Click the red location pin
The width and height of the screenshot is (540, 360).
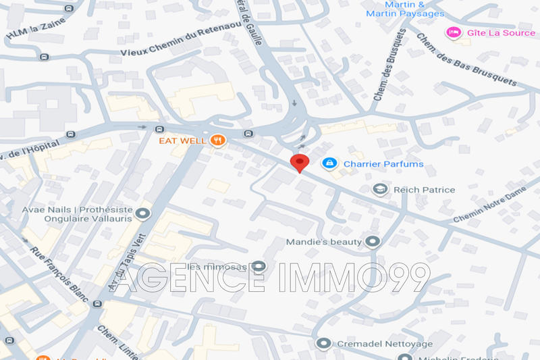pos(299,163)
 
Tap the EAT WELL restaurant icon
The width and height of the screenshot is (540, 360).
pos(217,140)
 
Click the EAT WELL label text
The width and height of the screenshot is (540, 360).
pos(182,141)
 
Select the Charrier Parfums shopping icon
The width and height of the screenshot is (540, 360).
pos(329,163)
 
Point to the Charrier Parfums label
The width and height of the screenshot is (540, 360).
pos(383,163)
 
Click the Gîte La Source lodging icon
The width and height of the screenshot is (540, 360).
pos(454,32)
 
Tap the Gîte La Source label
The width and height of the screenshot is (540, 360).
pos(500,32)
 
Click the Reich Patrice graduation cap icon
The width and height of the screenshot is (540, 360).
pos(380,190)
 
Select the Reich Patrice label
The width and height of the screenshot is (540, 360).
pos(425,190)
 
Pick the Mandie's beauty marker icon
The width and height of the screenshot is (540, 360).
pos(373,241)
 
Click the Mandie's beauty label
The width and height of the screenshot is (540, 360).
pos(324,241)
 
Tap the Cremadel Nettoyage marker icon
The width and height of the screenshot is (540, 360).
pos(325,344)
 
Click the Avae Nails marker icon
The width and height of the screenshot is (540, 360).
pos(142,214)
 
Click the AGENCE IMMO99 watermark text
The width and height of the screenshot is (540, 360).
pos(275,277)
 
